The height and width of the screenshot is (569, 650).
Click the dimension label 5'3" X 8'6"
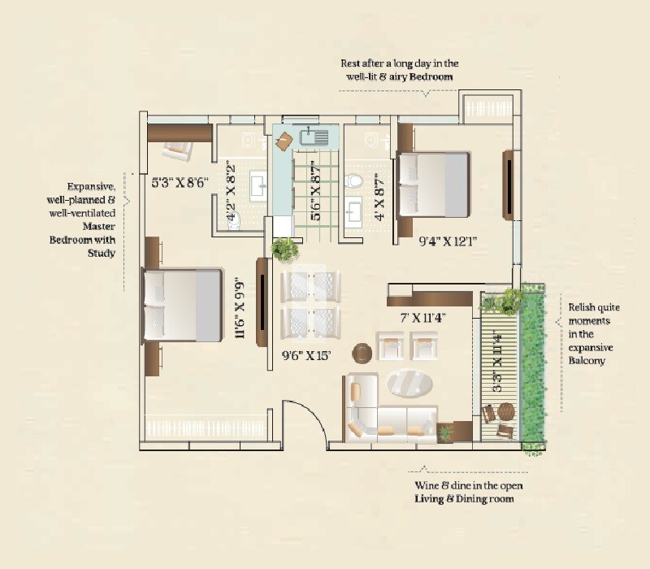tap(180, 183)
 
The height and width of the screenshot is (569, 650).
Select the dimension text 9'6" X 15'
tap(306, 354)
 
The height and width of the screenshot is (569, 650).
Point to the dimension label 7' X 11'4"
tap(420, 318)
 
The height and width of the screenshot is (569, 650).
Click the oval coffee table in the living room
tap(409, 382)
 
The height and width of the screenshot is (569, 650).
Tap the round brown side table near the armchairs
tap(362, 352)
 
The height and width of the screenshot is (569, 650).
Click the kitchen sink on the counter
tap(314, 137)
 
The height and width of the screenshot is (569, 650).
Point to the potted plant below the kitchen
tap(285, 248)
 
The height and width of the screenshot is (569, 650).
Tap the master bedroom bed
tap(183, 306)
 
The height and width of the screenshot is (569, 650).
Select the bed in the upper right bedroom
tap(433, 185)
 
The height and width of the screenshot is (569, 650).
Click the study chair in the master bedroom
tap(177, 149)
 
